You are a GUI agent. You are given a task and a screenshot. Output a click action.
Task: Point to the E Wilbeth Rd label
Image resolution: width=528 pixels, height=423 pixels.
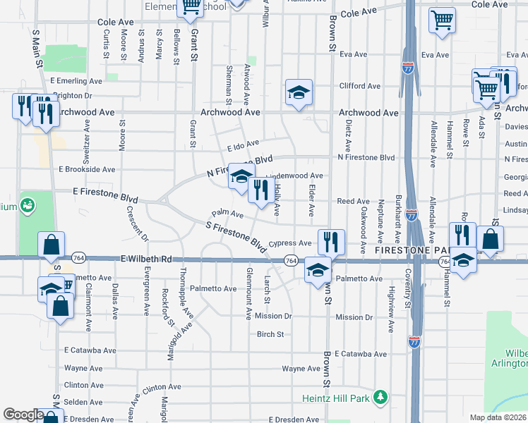pyautogui.click(x=146, y=259)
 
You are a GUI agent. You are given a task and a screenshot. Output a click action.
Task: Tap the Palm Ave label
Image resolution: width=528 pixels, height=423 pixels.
pyautogui.click(x=227, y=214)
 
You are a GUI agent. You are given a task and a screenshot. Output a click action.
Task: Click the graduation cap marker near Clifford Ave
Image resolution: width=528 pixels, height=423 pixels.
pyautogui.click(x=299, y=92)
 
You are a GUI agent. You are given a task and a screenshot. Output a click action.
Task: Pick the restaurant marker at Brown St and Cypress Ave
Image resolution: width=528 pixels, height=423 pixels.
pyautogui.click(x=331, y=241)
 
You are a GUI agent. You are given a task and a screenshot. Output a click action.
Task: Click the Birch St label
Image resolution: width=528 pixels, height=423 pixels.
pyautogui.click(x=270, y=334)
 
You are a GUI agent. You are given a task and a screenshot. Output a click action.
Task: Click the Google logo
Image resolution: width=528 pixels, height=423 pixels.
pyautogui.click(x=23, y=415)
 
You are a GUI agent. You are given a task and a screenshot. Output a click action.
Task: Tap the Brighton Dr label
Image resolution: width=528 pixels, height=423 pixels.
pyautogui.click(x=73, y=96)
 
